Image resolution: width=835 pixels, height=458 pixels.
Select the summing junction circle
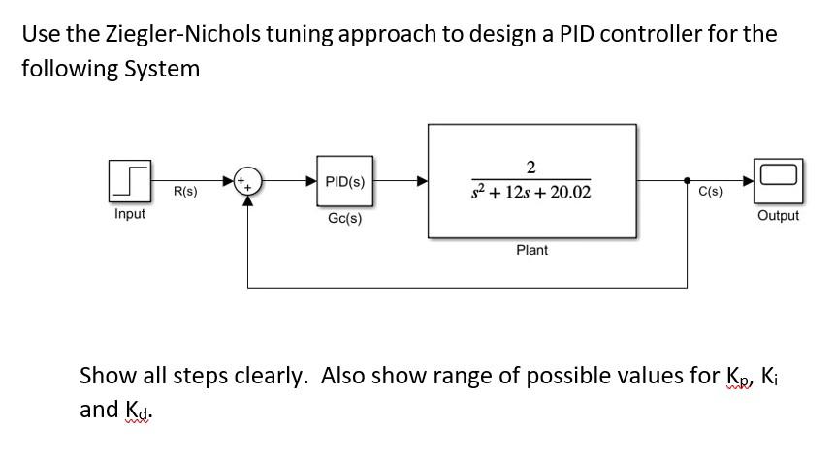tap(250, 181)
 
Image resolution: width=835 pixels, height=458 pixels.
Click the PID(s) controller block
tap(345, 181)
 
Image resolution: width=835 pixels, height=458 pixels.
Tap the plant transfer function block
tap(531, 180)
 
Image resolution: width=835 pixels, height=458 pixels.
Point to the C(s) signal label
tap(710, 192)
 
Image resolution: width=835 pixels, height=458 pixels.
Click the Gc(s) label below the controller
tap(345, 219)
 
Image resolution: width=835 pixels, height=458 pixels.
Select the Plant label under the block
tap(531, 250)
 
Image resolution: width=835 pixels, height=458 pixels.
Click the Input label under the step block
tap(130, 214)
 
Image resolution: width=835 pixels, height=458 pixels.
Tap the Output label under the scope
tap(778, 216)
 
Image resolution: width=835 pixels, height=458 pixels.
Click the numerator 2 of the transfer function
tap(531, 166)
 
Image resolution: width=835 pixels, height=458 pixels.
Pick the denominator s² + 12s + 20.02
tap(531, 194)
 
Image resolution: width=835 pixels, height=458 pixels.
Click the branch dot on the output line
tap(688, 181)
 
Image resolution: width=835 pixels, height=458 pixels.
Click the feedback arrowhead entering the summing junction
tap(250, 200)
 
